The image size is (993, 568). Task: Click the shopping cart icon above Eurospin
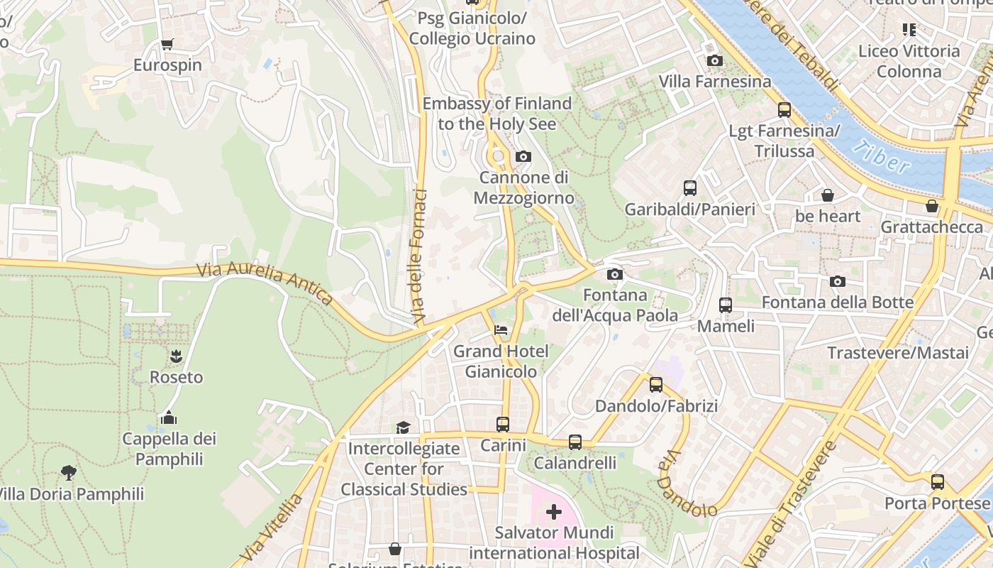coord(167,45)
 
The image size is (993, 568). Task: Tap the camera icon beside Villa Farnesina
coord(715,61)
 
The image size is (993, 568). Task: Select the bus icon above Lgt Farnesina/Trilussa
coord(784,110)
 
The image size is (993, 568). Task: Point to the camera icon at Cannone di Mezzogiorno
coord(523,157)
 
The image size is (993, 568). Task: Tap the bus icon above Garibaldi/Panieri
coord(690,188)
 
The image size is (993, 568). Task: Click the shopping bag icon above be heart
coord(827,195)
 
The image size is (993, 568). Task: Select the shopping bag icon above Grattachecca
coord(932,206)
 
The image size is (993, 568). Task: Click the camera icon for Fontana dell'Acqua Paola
coord(615,275)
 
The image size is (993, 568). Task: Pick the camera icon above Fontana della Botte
coord(838,282)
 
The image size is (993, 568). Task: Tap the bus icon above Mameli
coord(726,305)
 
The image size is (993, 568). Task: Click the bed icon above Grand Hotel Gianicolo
coord(501,331)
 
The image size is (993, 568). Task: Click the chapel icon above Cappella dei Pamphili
coord(169,417)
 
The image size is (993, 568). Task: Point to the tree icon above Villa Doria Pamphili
coord(68,472)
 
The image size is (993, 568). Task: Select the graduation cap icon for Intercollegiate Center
coord(404,427)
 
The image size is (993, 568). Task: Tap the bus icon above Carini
coord(503,425)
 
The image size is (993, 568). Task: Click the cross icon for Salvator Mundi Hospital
coord(554,512)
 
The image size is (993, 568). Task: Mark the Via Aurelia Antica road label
coord(264,283)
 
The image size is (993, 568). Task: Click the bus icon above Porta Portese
coord(938,482)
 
